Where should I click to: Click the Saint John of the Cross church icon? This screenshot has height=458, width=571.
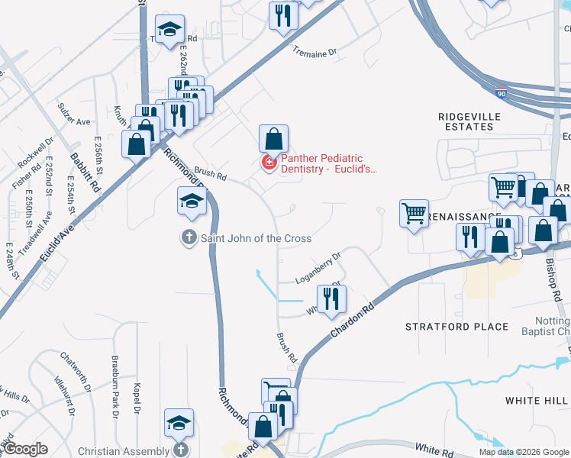[189, 238]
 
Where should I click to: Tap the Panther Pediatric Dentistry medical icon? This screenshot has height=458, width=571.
[269, 163]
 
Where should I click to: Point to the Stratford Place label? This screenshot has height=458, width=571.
[456, 327]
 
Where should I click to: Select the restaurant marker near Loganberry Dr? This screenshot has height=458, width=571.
[331, 298]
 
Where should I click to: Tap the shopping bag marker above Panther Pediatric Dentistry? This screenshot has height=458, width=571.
[273, 138]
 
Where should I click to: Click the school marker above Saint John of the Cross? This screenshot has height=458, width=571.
[192, 200]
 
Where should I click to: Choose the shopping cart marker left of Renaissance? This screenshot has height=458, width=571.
[414, 213]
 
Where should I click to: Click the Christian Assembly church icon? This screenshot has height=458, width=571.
[180, 450]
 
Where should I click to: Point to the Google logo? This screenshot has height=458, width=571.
[24, 450]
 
